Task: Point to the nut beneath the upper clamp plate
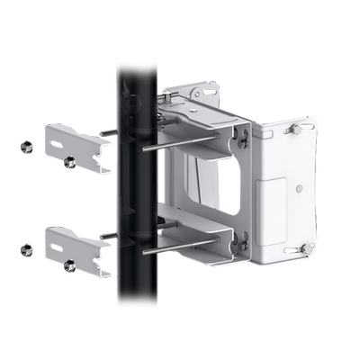[x=68, y=163]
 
